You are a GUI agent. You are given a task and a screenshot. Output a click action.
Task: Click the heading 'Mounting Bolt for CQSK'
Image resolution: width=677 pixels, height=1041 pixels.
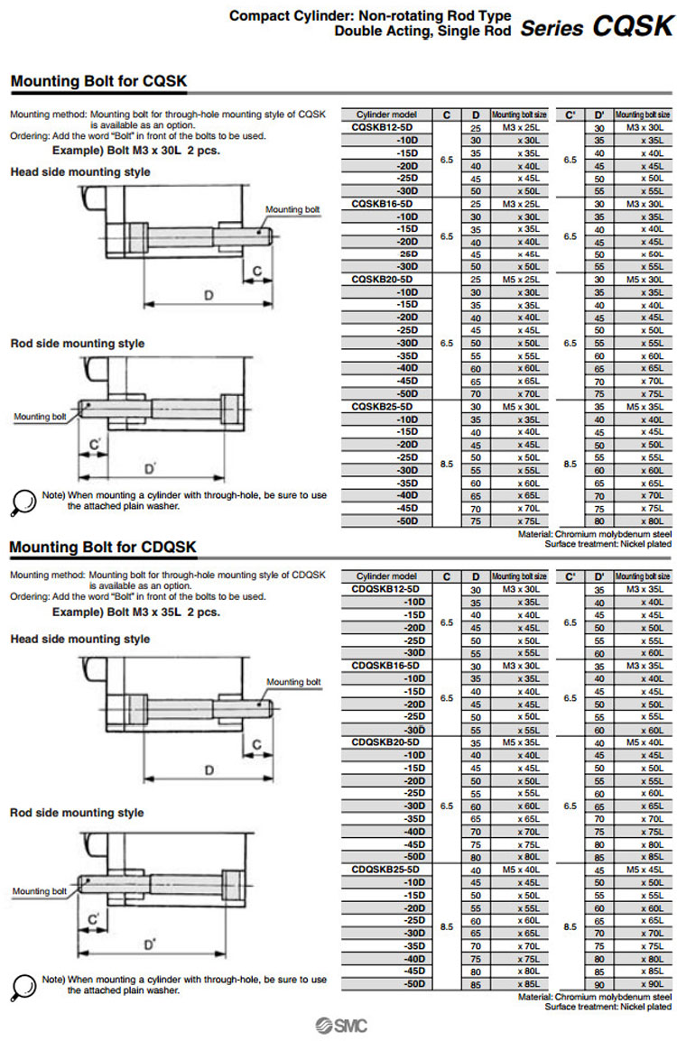[x=98, y=82]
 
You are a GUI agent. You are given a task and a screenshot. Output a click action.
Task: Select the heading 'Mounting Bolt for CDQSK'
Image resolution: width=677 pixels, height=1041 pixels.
[x=102, y=548]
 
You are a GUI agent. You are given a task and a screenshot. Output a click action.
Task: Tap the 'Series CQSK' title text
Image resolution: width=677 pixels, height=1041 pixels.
[x=597, y=27]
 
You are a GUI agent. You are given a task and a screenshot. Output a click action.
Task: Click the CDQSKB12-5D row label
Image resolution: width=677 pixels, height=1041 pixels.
[x=386, y=589]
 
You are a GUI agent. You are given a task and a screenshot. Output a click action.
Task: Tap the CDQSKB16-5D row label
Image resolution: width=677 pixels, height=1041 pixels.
[x=386, y=665]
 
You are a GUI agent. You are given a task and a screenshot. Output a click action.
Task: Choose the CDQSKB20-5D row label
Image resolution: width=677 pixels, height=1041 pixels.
[x=386, y=742]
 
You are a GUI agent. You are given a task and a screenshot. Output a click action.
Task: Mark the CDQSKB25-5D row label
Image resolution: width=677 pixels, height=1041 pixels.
[x=386, y=869]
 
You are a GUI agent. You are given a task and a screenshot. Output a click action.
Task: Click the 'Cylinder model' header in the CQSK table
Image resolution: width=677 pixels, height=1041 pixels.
[x=386, y=115]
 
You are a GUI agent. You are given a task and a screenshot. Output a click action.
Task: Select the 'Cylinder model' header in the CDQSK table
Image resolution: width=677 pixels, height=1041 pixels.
[x=386, y=576]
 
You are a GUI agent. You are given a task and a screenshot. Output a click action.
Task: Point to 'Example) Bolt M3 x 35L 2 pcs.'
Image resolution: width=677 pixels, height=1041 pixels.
[x=135, y=612]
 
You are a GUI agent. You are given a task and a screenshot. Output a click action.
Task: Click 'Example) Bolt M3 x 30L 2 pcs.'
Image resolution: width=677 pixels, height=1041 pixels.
[x=135, y=151]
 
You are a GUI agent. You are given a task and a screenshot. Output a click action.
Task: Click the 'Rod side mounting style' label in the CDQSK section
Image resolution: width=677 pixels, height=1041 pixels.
[x=77, y=813]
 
